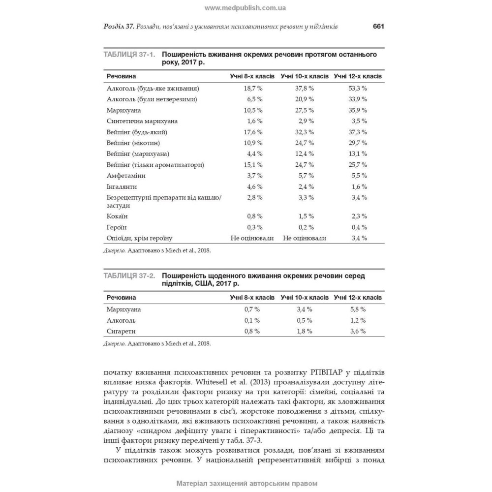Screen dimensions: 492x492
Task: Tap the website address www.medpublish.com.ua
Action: coord(245,8)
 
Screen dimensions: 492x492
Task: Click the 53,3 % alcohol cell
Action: coord(358,89)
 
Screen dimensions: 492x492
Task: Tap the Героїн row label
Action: coord(117,227)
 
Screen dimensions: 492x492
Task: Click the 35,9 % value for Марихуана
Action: coord(358,110)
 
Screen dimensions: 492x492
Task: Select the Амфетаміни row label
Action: coord(126,176)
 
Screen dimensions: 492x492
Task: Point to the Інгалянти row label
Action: coord(123,187)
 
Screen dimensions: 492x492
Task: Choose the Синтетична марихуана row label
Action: coord(142,121)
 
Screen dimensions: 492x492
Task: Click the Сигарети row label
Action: coord(121,331)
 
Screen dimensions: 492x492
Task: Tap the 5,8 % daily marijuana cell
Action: coord(358,309)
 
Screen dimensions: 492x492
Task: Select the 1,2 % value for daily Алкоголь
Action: coord(358,320)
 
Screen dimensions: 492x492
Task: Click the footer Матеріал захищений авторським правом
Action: coord(245,484)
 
